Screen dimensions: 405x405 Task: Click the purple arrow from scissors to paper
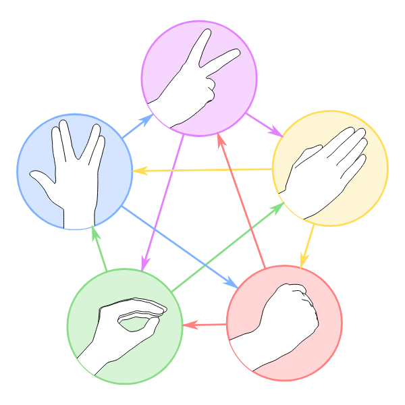(264, 124)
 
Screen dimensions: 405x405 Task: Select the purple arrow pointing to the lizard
(163, 202)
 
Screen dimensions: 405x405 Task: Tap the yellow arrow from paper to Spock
(202, 170)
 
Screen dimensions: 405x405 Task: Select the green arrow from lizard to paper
(226, 248)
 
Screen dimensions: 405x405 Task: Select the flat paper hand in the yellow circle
(327, 172)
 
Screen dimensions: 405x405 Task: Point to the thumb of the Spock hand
(42, 179)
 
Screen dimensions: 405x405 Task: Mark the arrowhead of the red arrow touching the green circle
(189, 325)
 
